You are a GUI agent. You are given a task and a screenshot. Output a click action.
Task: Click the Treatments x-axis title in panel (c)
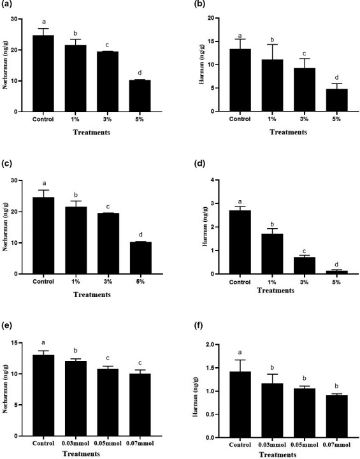[91, 295]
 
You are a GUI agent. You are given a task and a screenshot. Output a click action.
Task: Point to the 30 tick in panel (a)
[19, 18]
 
